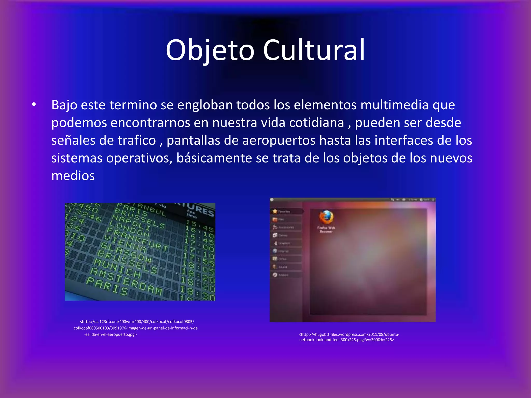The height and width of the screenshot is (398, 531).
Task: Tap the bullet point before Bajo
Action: tap(34, 105)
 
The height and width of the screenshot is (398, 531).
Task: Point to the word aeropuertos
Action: tap(279, 140)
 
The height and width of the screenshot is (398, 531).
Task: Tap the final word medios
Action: tap(73, 176)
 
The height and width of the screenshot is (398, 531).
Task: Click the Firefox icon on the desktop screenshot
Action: tap(326, 217)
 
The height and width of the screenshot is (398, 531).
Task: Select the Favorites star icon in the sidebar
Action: tap(275, 211)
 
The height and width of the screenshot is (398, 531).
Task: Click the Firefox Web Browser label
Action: tap(326, 230)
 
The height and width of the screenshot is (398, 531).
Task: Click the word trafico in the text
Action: tap(136, 140)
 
